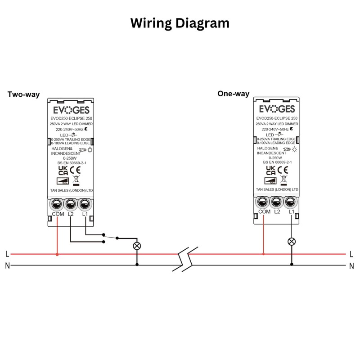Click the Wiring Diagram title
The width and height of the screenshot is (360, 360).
tap(180, 23)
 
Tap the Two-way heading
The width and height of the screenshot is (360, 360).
tap(23, 94)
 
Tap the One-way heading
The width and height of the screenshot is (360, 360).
tap(233, 94)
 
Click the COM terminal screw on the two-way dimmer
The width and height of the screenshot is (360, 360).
tap(57, 205)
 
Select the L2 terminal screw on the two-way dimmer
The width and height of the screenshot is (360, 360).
tap(71, 205)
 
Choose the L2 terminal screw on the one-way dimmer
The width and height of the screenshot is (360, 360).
tap(277, 202)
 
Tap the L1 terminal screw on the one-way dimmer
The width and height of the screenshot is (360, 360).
tap(291, 202)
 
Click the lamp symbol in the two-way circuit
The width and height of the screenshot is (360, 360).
tap(137, 246)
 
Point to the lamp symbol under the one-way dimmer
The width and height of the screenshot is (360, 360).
tap(291, 242)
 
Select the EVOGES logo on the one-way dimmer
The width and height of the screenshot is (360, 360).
tap(277, 109)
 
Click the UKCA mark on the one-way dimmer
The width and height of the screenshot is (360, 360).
tap(270, 169)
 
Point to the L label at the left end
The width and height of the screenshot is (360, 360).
tap(7, 254)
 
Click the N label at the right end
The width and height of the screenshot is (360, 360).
tap(351, 266)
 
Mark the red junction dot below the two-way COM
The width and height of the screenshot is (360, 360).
tap(57, 254)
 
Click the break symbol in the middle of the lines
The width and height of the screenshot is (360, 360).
tap(184, 260)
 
